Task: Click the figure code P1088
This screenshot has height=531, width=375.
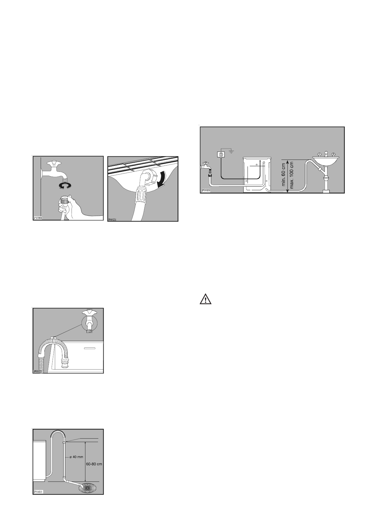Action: click(38, 218)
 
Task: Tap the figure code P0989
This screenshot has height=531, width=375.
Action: click(206, 191)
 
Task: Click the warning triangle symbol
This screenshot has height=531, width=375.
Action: click(205, 299)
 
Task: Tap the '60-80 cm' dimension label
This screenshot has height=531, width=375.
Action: click(94, 464)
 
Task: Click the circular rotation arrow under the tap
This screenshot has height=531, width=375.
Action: click(65, 186)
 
